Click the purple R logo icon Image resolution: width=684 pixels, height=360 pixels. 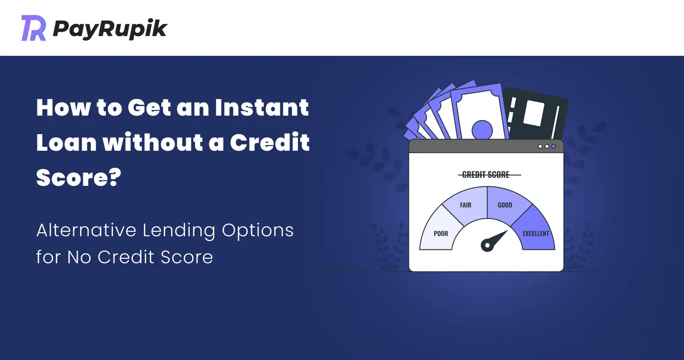tap(34, 28)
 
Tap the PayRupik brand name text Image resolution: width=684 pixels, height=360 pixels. tap(110, 29)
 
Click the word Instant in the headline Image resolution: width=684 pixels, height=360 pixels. tap(262, 108)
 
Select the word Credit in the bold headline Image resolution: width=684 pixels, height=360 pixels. tap(270, 142)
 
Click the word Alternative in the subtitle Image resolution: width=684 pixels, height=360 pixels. tap(86, 230)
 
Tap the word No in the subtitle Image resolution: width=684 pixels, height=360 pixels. tap(79, 257)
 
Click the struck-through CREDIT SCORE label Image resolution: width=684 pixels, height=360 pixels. tap(486, 175)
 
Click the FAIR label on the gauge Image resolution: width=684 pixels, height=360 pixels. tap(466, 205)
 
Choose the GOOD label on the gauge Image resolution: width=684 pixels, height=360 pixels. tap(505, 205)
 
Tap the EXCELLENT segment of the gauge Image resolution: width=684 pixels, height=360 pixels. tap(536, 232)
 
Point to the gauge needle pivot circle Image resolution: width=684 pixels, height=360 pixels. tap(487, 245)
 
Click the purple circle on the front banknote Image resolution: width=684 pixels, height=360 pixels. tap(482, 130)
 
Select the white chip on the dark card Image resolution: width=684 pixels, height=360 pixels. tap(534, 112)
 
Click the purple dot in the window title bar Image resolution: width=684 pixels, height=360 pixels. tap(553, 147)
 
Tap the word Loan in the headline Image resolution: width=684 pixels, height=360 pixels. tap(67, 142)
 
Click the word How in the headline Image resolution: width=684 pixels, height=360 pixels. tap(63, 108)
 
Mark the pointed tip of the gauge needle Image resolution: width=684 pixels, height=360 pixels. tap(508, 230)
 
